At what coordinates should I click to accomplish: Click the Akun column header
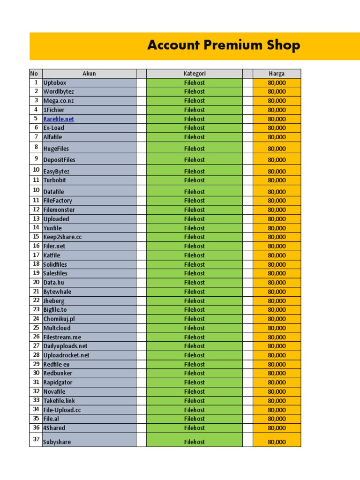coord(89,74)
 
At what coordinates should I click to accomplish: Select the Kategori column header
coord(194,74)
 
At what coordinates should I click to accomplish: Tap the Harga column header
coord(277,74)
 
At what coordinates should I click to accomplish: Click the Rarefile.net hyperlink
coord(59,119)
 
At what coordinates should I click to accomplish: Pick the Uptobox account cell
coord(55,82)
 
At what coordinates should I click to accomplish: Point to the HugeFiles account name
coord(56,149)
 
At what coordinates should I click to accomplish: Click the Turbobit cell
coord(55,180)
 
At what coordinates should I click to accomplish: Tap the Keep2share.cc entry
coord(62,237)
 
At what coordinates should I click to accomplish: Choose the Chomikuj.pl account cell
coord(59,319)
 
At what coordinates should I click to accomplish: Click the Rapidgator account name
coord(58,382)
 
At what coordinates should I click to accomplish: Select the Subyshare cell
coord(57,442)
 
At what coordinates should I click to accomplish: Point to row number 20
coord(36,282)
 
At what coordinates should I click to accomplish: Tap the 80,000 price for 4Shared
coord(277,428)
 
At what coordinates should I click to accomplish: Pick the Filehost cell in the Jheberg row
coord(194,300)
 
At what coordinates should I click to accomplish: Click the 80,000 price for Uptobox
coord(277,82)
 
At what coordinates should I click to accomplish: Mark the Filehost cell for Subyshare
coord(194,442)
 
